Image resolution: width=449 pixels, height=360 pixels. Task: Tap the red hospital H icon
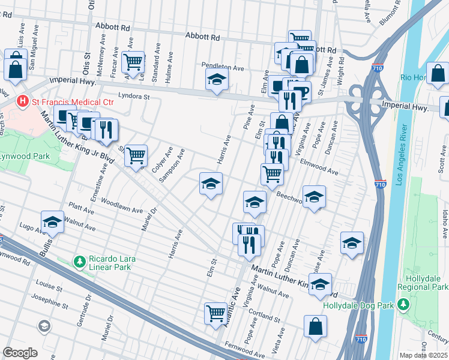[23, 101]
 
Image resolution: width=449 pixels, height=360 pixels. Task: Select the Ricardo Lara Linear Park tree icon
[79, 262]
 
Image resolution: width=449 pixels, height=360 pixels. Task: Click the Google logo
[20, 353]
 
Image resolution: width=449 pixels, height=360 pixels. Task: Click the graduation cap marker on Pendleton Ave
[216, 79]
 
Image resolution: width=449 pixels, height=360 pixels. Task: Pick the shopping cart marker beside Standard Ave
[133, 61]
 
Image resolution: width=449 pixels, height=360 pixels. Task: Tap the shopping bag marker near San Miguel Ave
[14, 68]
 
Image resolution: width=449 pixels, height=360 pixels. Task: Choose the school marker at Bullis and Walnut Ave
[52, 222]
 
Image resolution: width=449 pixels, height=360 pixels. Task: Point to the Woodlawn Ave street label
[122, 205]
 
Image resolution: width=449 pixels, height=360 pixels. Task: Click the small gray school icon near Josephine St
[44, 326]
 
